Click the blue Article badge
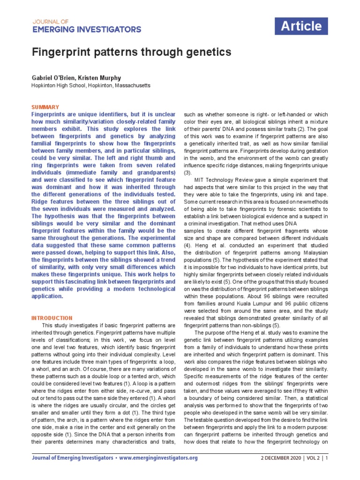pyautogui.click(x=301, y=27)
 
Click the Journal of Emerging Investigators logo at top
pyautogui.click(x=86, y=25)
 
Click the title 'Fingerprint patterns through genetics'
pyautogui.click(x=131, y=52)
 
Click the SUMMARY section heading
pyautogui.click(x=45, y=107)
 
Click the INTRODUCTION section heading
pyautogui.click(x=52, y=318)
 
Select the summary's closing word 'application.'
pyautogui.click(x=47, y=296)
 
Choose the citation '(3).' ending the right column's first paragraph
pyautogui.click(x=188, y=173)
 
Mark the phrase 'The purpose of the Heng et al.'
pyautogui.click(x=232, y=332)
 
